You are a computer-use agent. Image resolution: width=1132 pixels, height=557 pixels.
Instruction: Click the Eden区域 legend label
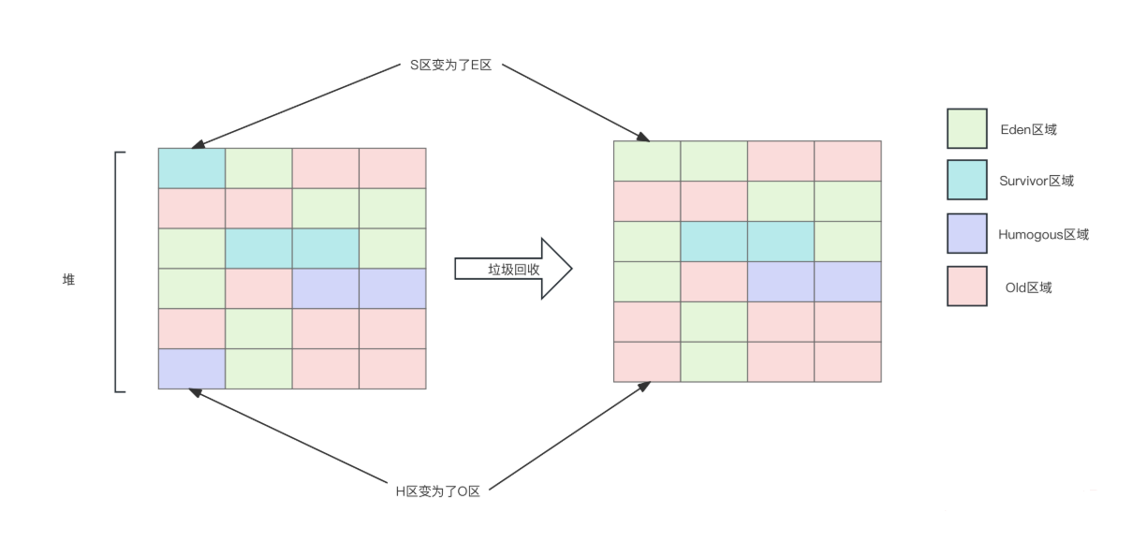pos(1029,129)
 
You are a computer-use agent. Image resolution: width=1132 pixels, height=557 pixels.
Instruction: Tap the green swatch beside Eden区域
pos(966,129)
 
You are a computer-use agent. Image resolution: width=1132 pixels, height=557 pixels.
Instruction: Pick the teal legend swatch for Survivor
pos(966,181)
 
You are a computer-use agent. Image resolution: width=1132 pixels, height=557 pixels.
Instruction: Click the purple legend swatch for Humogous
pos(966,234)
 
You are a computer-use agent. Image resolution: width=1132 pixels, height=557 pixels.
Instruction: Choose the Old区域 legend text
pos(1028,287)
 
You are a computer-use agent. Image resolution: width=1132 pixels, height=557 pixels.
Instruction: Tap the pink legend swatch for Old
pos(966,286)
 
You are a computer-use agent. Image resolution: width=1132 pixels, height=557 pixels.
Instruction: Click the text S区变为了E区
pos(450,66)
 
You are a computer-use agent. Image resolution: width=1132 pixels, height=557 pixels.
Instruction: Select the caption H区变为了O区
pos(437,491)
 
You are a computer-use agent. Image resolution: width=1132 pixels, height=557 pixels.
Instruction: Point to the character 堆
pos(68,279)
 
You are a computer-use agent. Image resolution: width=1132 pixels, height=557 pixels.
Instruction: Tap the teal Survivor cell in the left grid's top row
pos(192,168)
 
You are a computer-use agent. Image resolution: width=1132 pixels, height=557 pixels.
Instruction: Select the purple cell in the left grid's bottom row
pos(192,369)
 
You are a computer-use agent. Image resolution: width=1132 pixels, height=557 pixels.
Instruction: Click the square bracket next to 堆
pos(117,271)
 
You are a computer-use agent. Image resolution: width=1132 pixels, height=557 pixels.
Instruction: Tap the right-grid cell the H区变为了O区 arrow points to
pos(647,362)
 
